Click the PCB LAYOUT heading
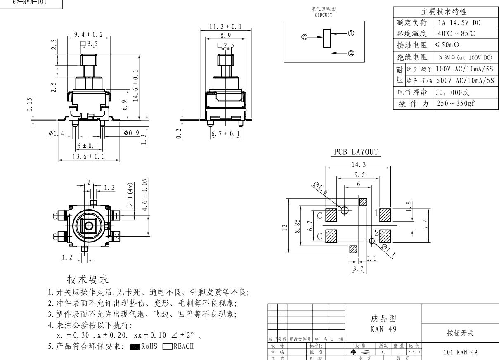(357, 152)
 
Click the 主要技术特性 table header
(445, 12)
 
